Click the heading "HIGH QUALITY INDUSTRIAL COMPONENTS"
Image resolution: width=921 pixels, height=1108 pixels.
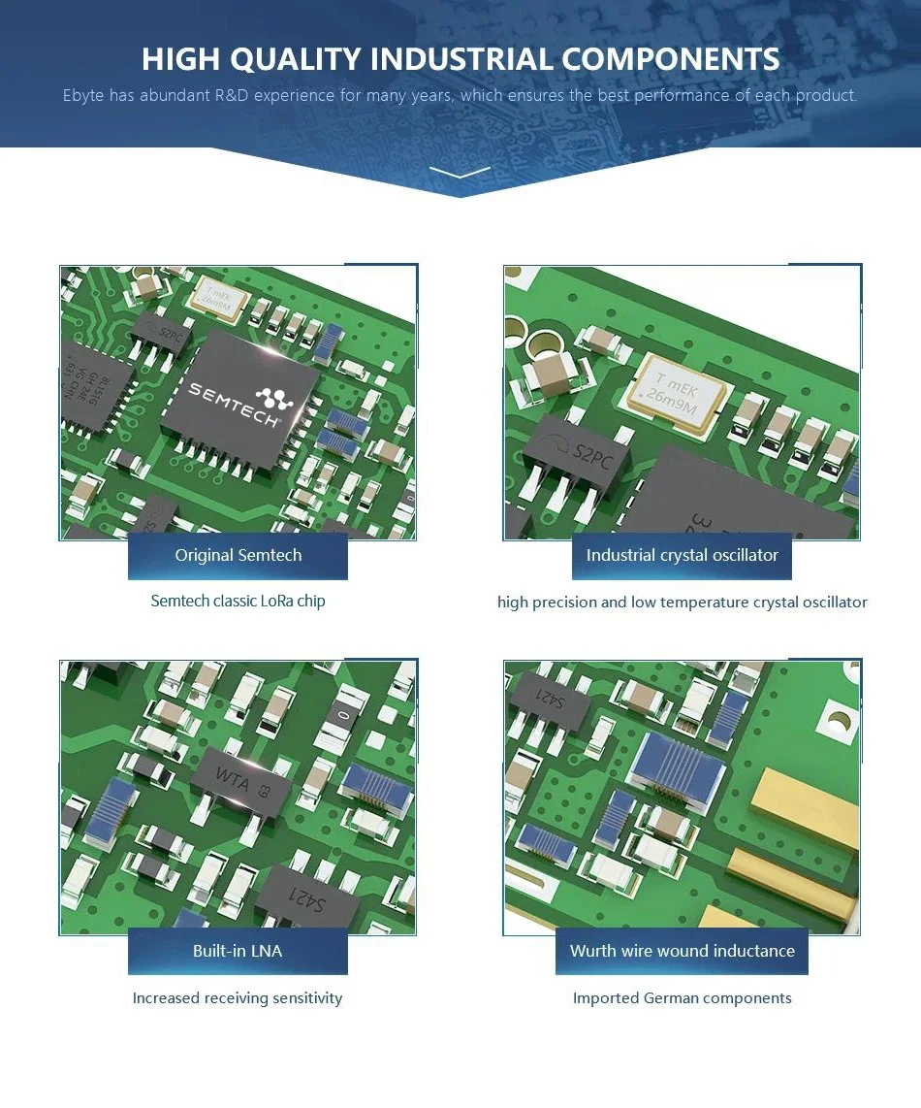pyautogui.click(x=460, y=59)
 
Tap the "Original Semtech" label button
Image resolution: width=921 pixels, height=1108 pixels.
pyautogui.click(x=238, y=556)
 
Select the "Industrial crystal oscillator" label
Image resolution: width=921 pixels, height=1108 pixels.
pyautogui.click(x=682, y=556)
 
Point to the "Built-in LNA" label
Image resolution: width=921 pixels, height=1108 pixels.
pyautogui.click(x=238, y=951)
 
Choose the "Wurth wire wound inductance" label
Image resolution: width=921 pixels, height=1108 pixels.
pyautogui.click(x=682, y=951)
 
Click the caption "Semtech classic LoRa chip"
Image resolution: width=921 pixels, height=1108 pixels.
pyautogui.click(x=238, y=602)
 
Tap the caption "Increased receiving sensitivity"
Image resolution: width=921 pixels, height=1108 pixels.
pyautogui.click(x=238, y=998)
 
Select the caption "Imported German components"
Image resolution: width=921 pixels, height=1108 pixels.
pyautogui.click(x=682, y=998)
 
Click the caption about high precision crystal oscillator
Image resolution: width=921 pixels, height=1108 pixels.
pyautogui.click(x=682, y=603)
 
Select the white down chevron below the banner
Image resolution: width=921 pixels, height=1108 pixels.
pyautogui.click(x=460, y=173)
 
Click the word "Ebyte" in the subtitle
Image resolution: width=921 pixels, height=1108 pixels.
pyautogui.click(x=83, y=96)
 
